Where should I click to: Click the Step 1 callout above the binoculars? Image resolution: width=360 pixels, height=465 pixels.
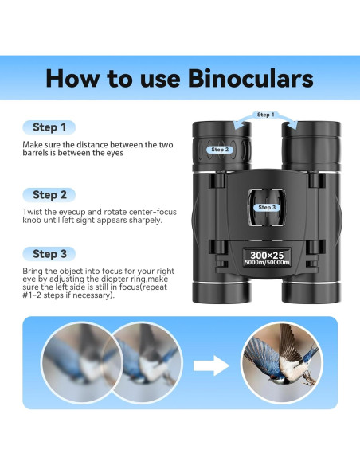pyautogui.click(x=265, y=115)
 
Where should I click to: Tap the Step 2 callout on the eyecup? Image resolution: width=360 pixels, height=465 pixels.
pyautogui.click(x=220, y=149)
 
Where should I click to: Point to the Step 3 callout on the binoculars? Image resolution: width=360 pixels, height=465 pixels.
pyautogui.click(x=266, y=207)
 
